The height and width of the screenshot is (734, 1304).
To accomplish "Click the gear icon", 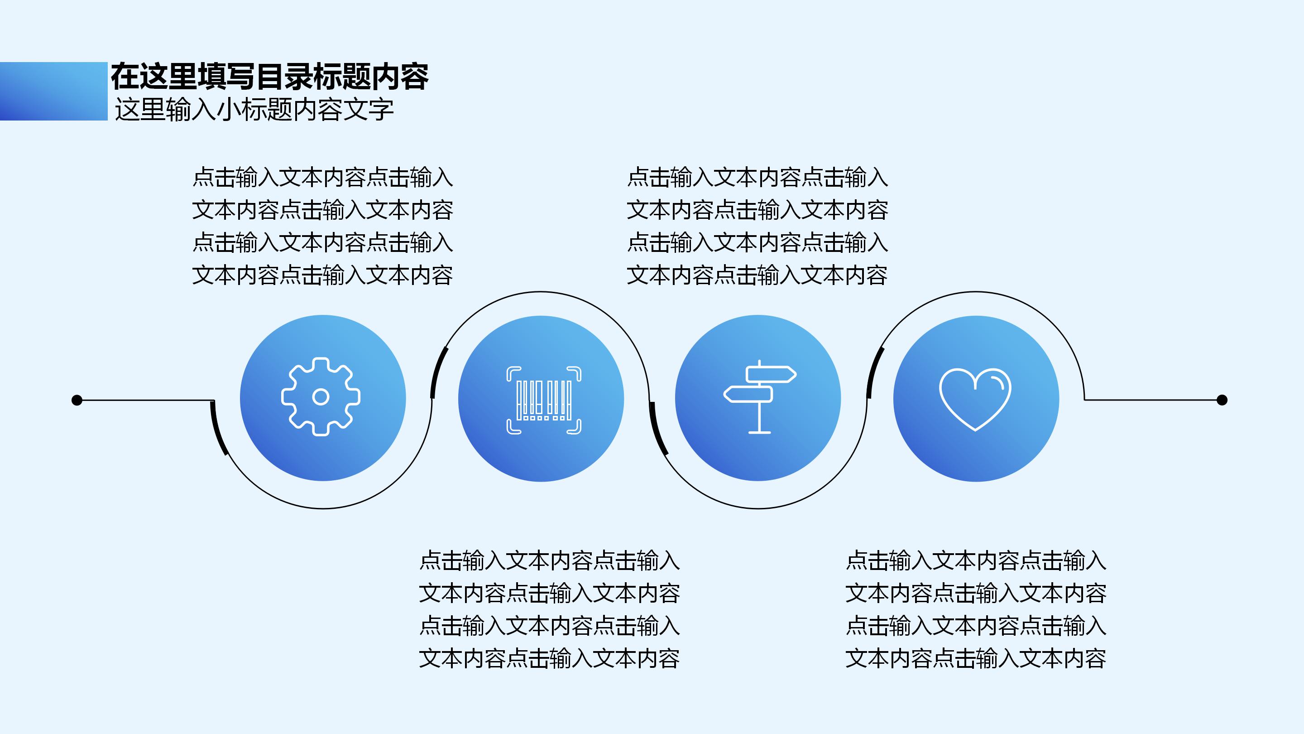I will coord(321,396).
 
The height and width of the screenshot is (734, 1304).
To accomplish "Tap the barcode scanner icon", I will coord(544,400).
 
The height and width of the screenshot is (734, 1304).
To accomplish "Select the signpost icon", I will coord(759,396).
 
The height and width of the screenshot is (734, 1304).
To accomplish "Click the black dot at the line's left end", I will coord(77,400).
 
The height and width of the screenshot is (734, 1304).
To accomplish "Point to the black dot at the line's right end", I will coord(1222,400).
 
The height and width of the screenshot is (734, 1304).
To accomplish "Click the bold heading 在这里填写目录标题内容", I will coord(269,77).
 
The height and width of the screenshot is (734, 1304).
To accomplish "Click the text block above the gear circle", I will coord(322,226).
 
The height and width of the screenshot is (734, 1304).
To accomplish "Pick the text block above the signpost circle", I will coord(757,226).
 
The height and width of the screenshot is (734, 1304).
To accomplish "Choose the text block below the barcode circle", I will coord(549,609).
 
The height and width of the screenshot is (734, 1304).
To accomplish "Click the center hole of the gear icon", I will coord(321,396).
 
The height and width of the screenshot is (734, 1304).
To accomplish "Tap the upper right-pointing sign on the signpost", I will coord(771,374).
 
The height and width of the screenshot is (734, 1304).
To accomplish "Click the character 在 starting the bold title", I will coord(125,77).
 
